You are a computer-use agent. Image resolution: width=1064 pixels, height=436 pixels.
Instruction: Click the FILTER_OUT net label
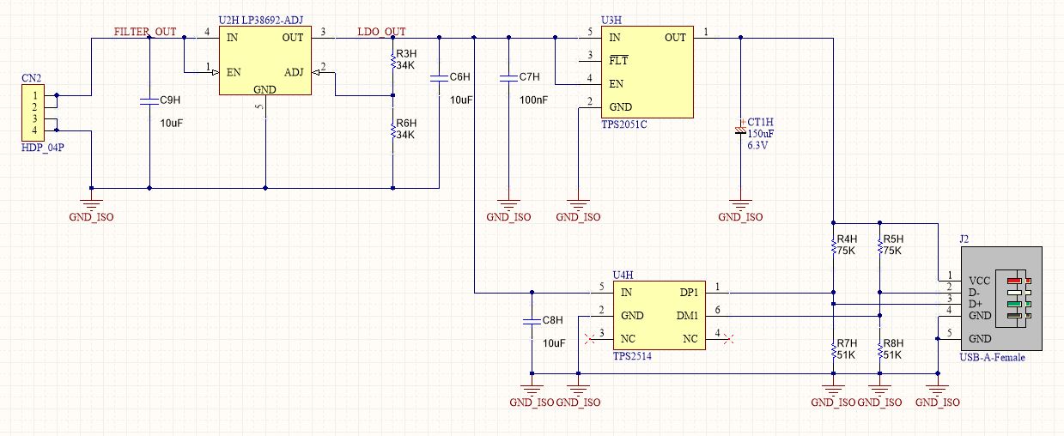point(145,32)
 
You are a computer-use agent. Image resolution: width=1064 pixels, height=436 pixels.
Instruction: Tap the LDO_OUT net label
point(381,32)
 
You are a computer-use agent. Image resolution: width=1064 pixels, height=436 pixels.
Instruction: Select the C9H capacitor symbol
point(149,100)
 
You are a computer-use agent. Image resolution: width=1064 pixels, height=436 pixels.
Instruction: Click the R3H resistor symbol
point(392,61)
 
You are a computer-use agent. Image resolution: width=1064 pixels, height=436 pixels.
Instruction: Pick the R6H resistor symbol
point(392,130)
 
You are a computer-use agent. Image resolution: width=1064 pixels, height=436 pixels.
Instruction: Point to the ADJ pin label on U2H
point(294,72)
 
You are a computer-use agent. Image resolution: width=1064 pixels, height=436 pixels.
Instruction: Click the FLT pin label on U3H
point(618,60)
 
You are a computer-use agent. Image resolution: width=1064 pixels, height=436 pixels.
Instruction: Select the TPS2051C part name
point(624,124)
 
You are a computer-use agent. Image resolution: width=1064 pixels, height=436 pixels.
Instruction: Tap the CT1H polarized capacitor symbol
point(740,130)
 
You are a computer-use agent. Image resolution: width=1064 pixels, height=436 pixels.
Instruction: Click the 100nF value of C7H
point(533,100)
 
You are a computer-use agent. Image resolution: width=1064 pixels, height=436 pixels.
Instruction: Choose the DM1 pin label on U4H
point(687,316)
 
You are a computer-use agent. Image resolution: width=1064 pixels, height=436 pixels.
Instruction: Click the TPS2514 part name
point(632,356)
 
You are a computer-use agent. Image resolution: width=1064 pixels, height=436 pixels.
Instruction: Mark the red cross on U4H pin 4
point(729,339)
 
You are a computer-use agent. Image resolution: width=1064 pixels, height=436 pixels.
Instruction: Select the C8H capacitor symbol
point(532,322)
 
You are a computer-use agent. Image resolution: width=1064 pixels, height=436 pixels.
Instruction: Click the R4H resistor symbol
point(834,246)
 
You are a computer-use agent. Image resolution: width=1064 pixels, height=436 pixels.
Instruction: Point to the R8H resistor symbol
point(879,351)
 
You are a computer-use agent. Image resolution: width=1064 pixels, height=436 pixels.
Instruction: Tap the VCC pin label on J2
point(980,282)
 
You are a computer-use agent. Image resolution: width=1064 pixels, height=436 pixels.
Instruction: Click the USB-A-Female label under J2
point(992,357)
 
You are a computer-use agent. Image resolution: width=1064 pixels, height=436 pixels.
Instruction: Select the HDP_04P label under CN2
point(43,148)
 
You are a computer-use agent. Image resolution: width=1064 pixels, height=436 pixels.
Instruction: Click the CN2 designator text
point(32,78)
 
